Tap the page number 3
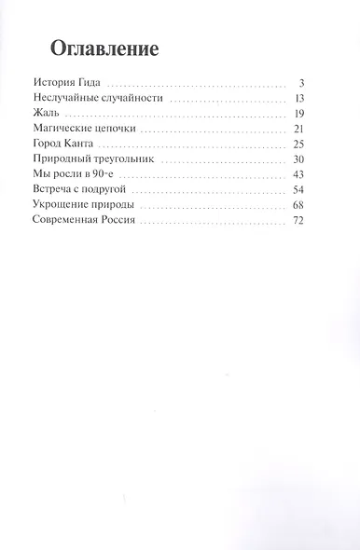(302, 82)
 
